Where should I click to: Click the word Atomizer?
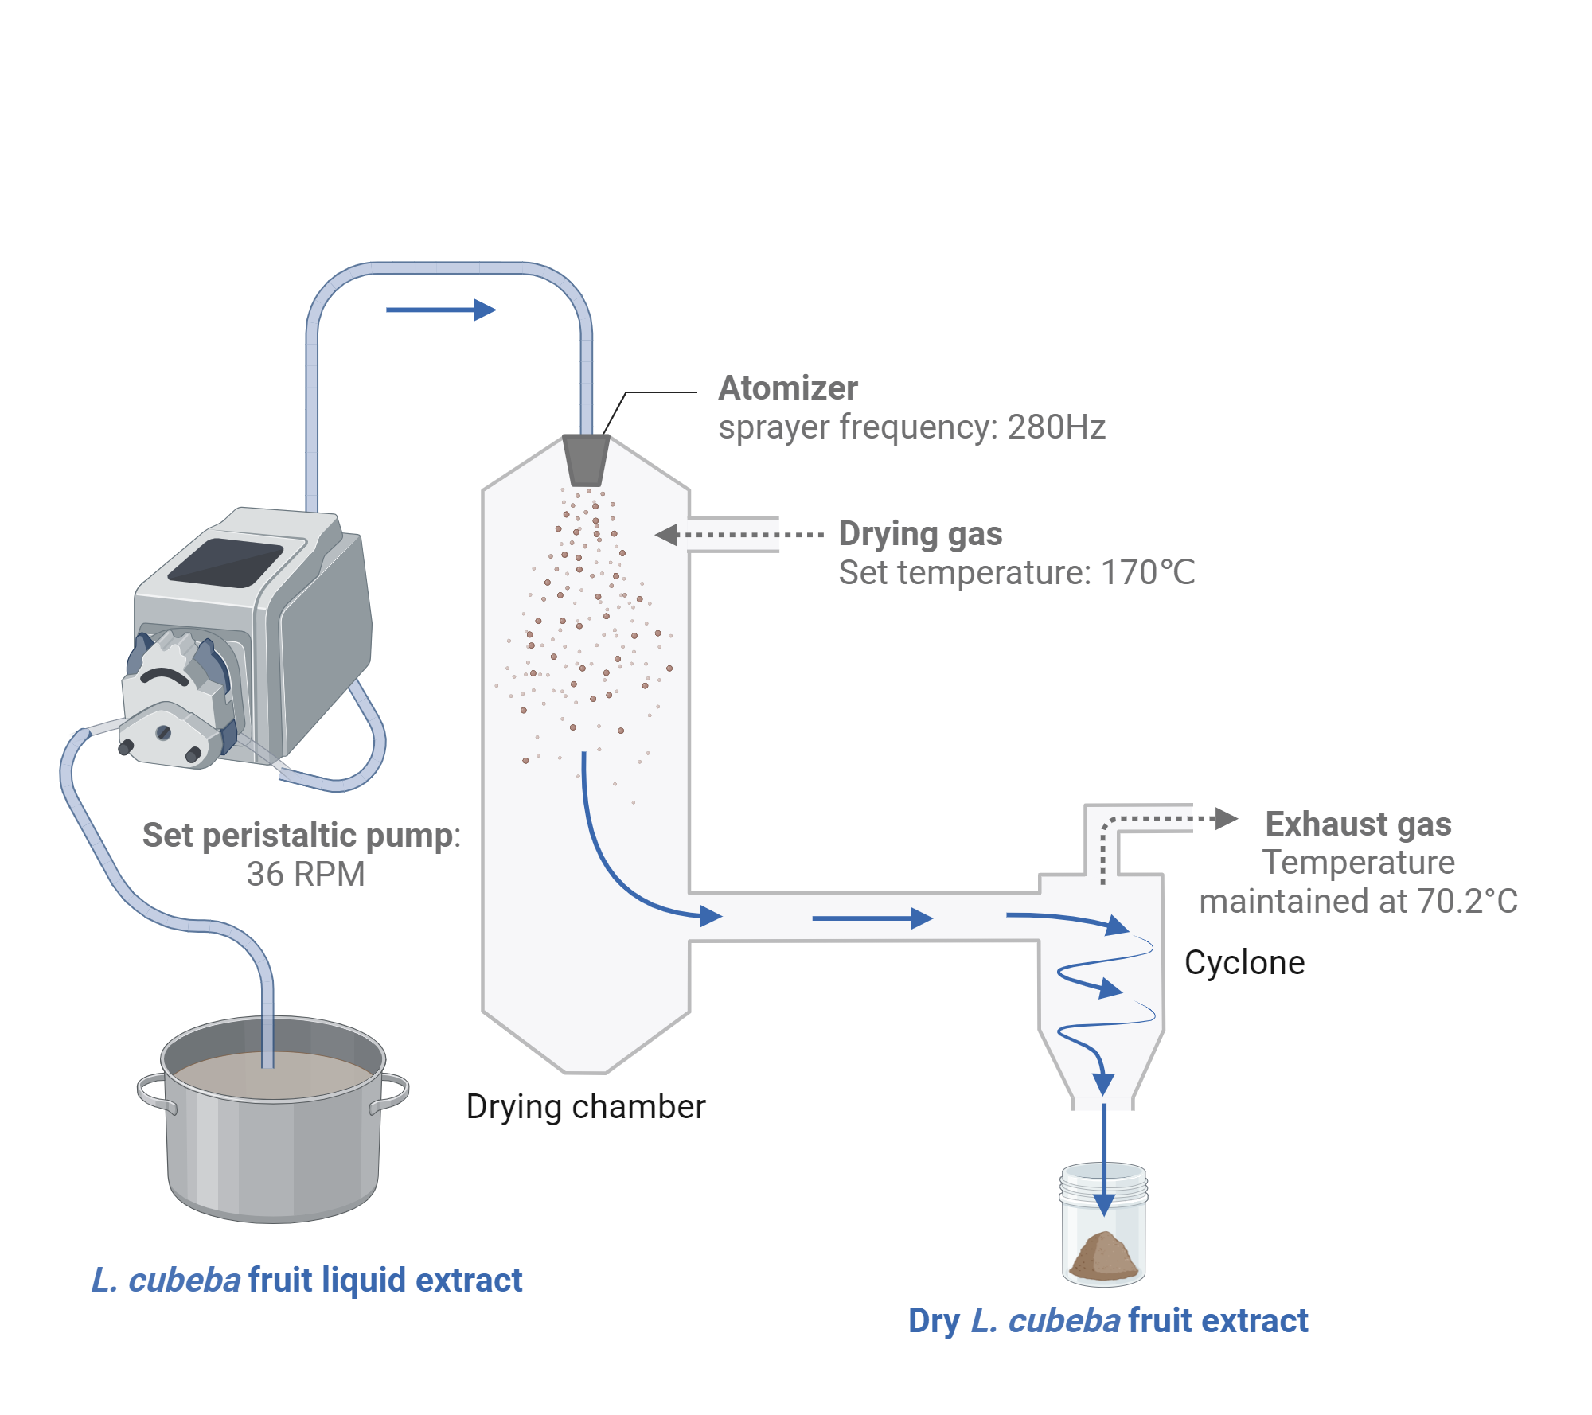coord(787,388)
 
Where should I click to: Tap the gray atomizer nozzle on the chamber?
coord(585,460)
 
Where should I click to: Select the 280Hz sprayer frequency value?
coord(1055,427)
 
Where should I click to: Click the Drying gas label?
coord(920,534)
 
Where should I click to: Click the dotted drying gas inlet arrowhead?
coord(666,535)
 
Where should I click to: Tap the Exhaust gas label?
coord(1358,824)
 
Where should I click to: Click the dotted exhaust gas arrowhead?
coord(1227,818)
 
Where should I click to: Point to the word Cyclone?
coord(1244,963)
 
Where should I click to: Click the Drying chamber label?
coord(586,1107)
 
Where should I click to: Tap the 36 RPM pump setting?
coord(306,875)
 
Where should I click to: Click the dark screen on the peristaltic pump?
coord(225,563)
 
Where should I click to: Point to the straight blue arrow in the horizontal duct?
coord(872,918)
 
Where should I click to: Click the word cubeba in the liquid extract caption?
coord(184,1281)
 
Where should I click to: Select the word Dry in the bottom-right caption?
coord(934,1321)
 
